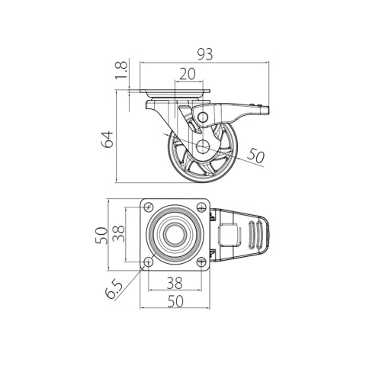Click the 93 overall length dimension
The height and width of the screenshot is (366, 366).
click(204, 54)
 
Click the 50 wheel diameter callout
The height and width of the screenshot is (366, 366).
click(255, 156)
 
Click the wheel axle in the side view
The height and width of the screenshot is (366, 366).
click(203, 146)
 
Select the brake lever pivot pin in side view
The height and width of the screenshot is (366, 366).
click(204, 115)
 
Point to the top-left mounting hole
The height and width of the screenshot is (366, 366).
click(149, 207)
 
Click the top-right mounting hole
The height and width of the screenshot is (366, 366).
click(204, 207)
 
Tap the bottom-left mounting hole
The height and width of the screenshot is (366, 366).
click(149, 262)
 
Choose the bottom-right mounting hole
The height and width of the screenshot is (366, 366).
click(204, 262)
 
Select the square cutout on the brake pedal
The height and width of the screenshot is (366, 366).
click(228, 235)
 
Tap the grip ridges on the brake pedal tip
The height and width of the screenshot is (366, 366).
click(255, 235)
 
